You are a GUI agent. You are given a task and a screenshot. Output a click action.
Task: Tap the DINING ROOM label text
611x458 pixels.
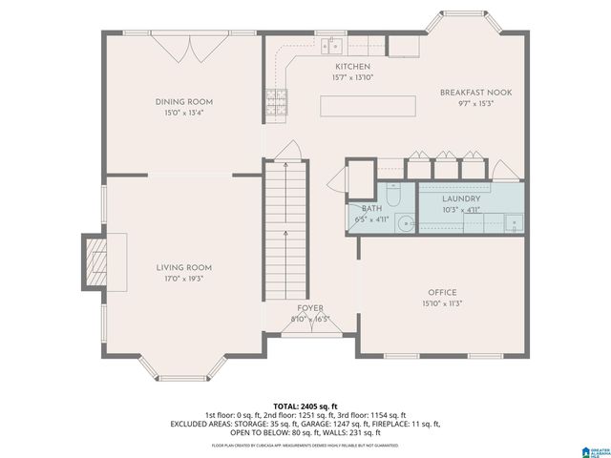[x=184, y=101]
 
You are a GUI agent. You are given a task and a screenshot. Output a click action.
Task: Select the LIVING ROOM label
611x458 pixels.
[x=184, y=267]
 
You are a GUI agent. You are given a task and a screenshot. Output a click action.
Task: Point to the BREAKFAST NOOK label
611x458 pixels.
[x=475, y=92]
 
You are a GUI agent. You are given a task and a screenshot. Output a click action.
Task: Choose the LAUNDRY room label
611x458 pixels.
[x=461, y=198]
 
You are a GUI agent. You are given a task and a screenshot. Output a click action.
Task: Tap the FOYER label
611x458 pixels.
[x=309, y=308]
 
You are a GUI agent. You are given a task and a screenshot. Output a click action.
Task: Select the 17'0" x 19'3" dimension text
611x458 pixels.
[x=184, y=279]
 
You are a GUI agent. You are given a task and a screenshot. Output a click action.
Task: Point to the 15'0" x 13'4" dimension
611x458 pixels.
[x=184, y=113]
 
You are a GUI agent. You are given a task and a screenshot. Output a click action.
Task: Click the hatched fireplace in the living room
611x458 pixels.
[x=96, y=260]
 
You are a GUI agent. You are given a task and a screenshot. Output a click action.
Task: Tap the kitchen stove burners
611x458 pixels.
[x=278, y=98]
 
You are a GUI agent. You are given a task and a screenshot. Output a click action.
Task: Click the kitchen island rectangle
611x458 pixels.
[x=367, y=105]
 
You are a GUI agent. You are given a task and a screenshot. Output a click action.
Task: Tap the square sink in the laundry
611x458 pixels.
[x=514, y=223]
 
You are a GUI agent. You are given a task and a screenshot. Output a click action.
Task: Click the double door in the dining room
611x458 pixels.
[x=183, y=47]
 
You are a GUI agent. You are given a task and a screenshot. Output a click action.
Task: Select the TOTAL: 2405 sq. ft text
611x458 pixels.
[x=305, y=405]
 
